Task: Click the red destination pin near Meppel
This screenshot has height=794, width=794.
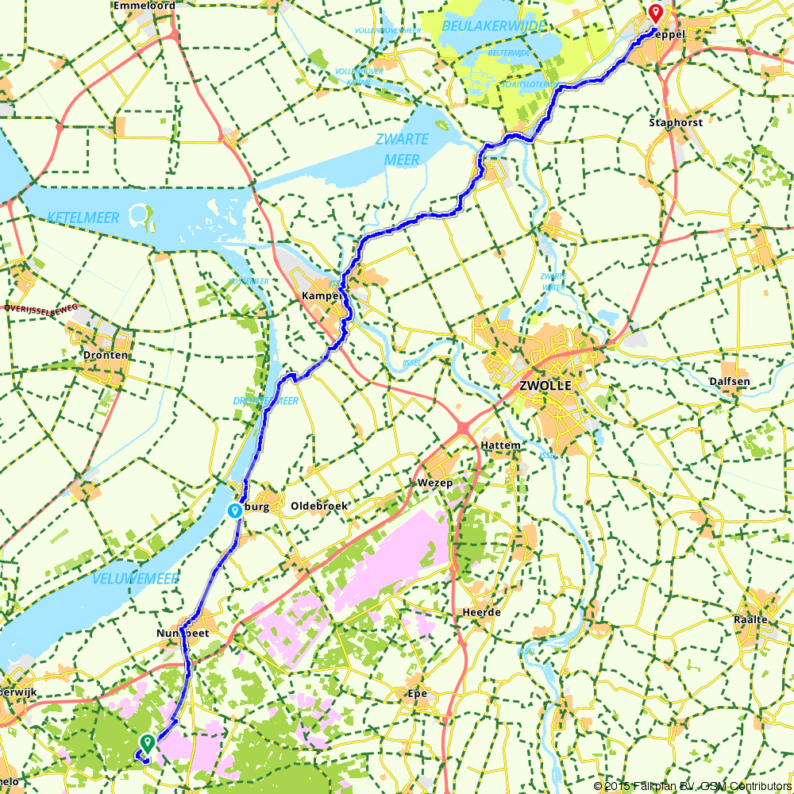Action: [x=655, y=13]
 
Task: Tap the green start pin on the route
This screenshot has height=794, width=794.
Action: [x=147, y=743]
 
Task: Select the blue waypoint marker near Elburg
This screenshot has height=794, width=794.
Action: [x=235, y=511]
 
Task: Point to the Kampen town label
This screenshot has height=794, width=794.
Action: [x=322, y=295]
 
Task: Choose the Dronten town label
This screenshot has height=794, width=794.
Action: [x=105, y=355]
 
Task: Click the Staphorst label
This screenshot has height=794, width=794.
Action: [x=675, y=123]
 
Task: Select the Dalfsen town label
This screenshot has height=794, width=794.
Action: [x=730, y=381]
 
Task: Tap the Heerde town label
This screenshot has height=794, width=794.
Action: [x=481, y=613]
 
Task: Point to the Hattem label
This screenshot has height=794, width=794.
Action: [x=500, y=445]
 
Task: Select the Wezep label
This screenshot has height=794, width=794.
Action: [x=434, y=483]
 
